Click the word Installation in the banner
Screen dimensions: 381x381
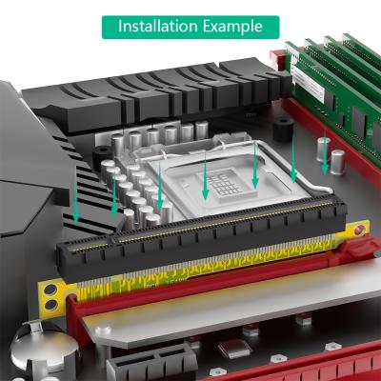coord(158,26)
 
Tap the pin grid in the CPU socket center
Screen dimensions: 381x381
coord(223,182)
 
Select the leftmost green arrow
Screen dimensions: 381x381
coord(75,198)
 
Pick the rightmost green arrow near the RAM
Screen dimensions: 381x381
coord(324,151)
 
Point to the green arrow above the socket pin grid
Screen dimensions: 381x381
coord(205,175)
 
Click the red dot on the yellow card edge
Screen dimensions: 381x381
coord(360,231)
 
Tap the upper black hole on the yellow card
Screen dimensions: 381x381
coord(50,290)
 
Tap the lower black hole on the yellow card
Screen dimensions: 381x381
coord(50,305)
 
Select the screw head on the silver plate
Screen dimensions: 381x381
coord(103,331)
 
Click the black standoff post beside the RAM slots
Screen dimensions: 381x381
coord(283,129)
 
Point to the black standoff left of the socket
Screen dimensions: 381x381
coord(103,156)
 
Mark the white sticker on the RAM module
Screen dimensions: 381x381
coord(308,84)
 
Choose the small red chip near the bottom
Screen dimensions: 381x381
coord(234,347)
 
